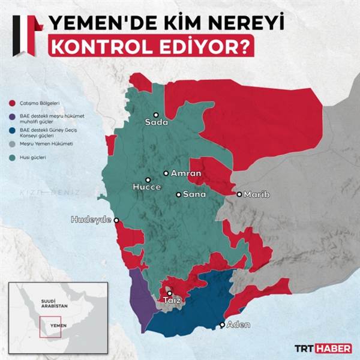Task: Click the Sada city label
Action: [x=156, y=123]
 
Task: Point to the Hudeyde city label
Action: [x=91, y=220]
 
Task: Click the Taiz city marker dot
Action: [x=169, y=293]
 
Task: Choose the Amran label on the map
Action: [x=185, y=173]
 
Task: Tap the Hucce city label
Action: [x=147, y=187]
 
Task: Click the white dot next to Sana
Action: [x=178, y=194]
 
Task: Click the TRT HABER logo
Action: [x=322, y=347]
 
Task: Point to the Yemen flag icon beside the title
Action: [x=26, y=34]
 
